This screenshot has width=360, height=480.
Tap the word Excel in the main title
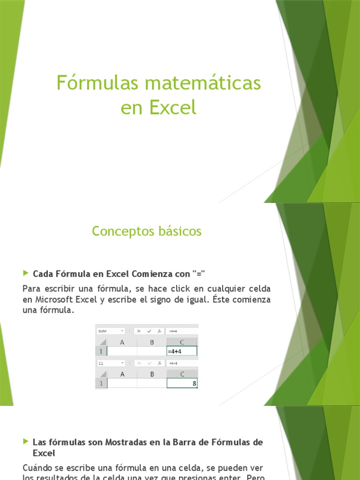(172, 107)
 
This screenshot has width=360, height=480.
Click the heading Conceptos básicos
(147, 231)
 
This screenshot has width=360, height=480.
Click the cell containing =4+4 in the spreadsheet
(182, 351)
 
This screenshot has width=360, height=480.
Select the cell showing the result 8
(182, 383)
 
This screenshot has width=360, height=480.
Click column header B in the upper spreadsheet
(152, 342)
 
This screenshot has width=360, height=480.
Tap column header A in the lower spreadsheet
(122, 374)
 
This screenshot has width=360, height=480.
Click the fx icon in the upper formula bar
(160, 331)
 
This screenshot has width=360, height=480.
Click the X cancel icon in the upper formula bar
(139, 331)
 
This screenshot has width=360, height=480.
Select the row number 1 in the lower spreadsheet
(101, 383)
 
